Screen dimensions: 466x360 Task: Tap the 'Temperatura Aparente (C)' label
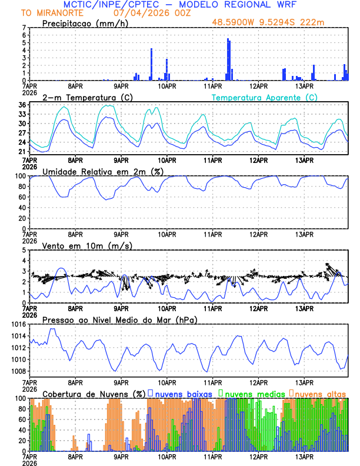click(264, 97)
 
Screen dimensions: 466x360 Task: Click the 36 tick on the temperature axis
click(22, 105)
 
